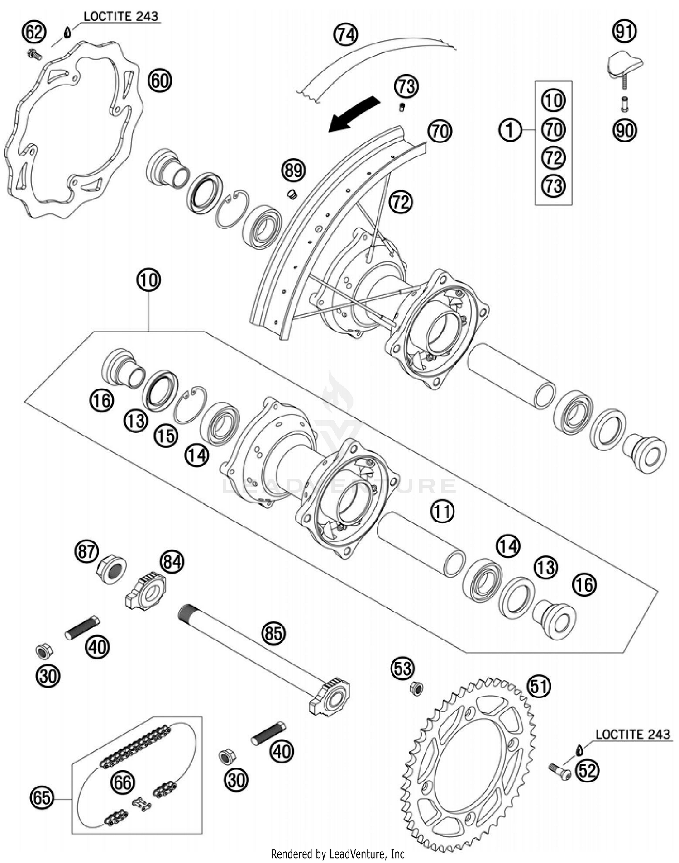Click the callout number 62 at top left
[34, 32]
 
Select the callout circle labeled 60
[160, 81]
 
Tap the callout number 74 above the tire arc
[346, 34]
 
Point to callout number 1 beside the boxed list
[510, 130]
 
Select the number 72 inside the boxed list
[554, 158]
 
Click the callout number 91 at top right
[625, 31]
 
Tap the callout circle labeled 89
[294, 171]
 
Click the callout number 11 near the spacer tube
[442, 511]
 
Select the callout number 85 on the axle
[274, 633]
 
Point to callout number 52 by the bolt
[587, 770]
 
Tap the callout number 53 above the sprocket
[403, 669]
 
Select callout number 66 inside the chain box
[123, 782]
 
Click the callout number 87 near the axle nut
[86, 551]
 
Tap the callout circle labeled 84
[172, 562]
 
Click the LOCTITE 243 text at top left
[121, 17]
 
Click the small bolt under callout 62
[34, 55]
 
